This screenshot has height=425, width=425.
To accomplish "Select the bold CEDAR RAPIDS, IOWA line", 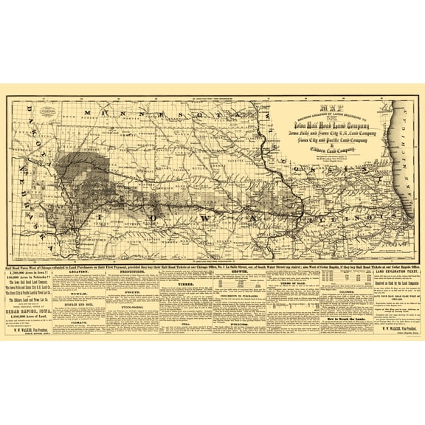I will point(31,312).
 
